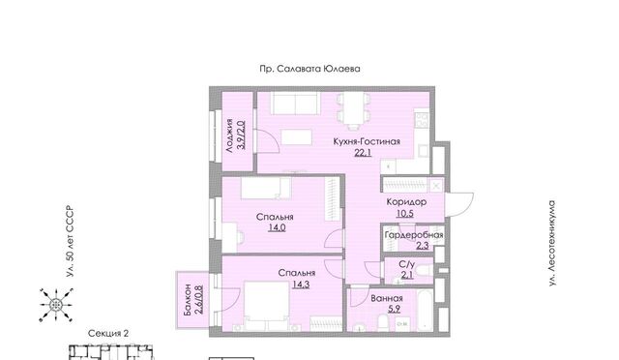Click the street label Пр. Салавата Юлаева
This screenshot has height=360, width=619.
309,69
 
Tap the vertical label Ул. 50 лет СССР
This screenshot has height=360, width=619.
70,241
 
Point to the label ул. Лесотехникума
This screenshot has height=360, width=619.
552,244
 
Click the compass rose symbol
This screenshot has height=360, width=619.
56,305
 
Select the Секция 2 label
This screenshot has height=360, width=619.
108,334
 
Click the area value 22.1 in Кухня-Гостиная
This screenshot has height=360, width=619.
363,153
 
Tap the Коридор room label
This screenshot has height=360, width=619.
406,202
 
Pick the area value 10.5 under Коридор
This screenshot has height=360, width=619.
405,214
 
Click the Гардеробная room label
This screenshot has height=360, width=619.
414,235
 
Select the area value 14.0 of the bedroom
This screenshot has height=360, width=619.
277,228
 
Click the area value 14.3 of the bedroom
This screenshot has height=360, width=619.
301,285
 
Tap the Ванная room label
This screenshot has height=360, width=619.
387,298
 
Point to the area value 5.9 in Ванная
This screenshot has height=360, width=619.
394,309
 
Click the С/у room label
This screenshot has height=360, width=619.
407,264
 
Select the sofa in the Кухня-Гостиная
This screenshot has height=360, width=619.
295,104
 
